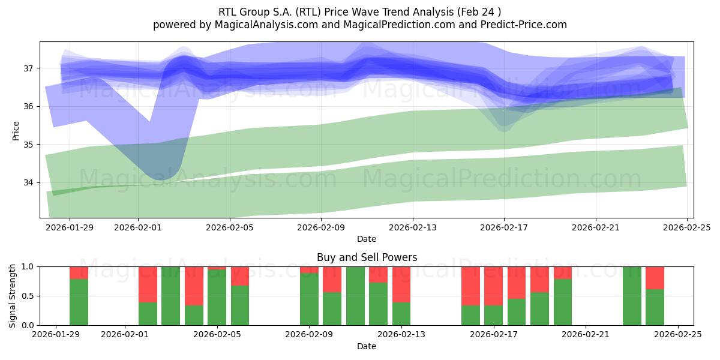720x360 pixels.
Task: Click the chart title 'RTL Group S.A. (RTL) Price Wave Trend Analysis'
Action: pos(359,11)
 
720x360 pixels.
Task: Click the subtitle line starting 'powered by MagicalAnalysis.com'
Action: pos(359,25)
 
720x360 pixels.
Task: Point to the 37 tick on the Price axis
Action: pos(29,68)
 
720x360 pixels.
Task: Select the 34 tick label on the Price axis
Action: pos(29,182)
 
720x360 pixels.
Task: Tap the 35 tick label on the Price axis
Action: pos(29,145)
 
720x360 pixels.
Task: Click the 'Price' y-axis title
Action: pos(16,130)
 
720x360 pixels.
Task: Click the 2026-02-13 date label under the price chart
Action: pos(413,227)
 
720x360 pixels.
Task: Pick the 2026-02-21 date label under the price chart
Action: pos(596,227)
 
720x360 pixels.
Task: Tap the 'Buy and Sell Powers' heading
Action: pos(367,257)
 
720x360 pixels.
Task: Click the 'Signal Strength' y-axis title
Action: pos(13,296)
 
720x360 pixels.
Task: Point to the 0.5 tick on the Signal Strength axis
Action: pos(29,296)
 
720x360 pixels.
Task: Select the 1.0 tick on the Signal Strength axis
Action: pos(29,266)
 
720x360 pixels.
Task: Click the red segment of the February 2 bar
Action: pos(148,284)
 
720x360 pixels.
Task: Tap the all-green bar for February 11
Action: pos(355,296)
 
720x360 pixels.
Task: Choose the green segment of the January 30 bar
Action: pos(79,302)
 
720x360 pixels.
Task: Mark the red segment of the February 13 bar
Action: pos(401,284)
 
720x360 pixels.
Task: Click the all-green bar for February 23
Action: pos(632,296)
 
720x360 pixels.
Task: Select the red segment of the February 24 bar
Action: pos(655,278)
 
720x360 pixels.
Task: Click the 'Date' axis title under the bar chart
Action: pos(367,346)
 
